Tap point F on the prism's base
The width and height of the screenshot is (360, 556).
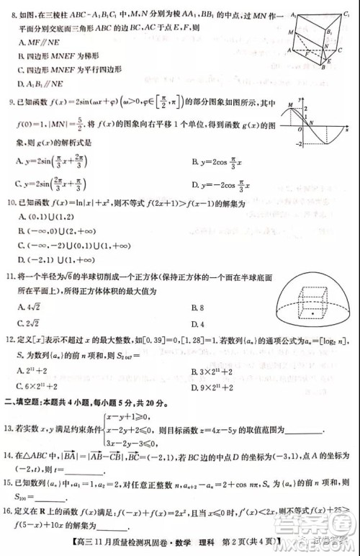[307, 53]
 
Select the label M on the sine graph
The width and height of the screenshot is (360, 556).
[290, 105]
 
